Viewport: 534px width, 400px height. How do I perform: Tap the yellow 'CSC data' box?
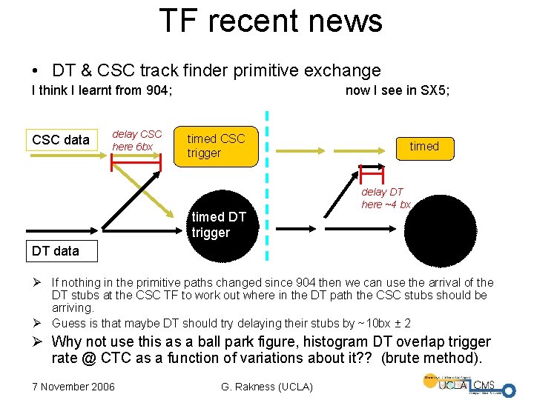point(61,139)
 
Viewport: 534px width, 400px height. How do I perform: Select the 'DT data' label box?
point(56,250)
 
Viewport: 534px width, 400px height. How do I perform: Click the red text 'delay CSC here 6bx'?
point(136,140)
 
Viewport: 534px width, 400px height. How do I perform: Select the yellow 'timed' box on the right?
point(424,146)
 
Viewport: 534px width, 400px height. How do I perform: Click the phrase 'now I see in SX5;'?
point(398,90)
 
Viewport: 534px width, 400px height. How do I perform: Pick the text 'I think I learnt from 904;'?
point(102,90)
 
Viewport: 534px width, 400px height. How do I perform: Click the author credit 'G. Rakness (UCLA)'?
point(268,387)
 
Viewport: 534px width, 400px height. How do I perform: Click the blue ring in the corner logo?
point(508,390)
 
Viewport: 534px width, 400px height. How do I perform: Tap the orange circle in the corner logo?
point(430,382)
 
